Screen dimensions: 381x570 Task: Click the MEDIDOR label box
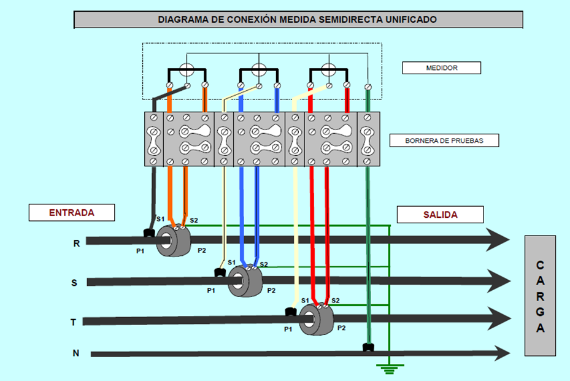tap(442, 67)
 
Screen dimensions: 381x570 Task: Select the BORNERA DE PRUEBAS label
tap(444, 140)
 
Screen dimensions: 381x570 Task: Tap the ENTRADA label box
tap(72, 212)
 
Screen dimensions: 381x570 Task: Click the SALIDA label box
tap(440, 214)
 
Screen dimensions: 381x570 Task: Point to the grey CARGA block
tap(540, 296)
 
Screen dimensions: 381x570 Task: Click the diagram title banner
tap(298, 20)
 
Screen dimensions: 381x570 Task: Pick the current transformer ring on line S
tap(245, 281)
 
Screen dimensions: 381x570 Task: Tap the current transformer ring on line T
tap(316, 319)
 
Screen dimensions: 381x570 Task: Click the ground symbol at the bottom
tap(387, 369)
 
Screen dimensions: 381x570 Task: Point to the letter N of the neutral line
tap(76, 353)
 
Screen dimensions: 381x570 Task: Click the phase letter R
tap(76, 243)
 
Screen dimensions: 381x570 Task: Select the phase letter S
tap(74, 282)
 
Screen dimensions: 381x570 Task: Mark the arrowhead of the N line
tap(504, 353)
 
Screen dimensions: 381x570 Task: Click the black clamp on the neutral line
tap(368, 348)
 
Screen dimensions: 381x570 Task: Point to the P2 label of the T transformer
tap(342, 328)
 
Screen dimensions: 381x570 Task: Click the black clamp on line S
tap(218, 272)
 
